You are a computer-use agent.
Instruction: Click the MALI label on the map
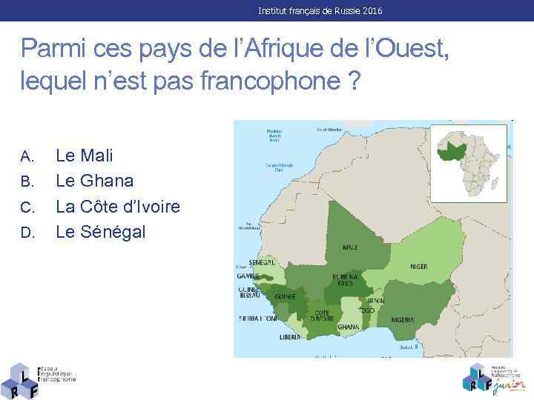point(349,247)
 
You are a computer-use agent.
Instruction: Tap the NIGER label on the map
point(419,267)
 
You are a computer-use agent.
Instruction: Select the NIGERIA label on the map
point(403,320)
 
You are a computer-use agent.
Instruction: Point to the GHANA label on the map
point(348,327)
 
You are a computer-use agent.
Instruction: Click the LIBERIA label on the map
point(290,336)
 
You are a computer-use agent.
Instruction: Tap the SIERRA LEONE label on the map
point(257,319)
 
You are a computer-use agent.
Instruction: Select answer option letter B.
point(27,181)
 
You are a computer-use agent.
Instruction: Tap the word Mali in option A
point(96,156)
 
